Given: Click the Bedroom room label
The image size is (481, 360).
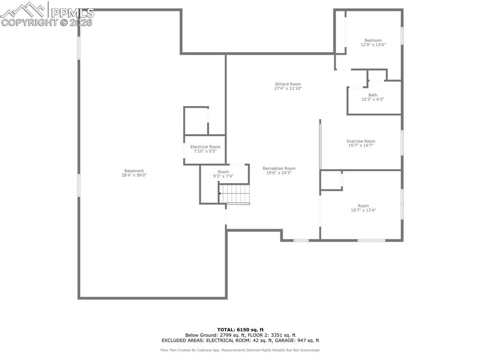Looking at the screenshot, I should pos(373,40).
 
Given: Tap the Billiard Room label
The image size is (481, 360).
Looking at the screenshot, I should pos(288,84).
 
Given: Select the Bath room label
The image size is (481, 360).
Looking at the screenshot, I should pos(372,95).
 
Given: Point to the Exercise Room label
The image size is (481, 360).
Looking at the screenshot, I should pos(361,141).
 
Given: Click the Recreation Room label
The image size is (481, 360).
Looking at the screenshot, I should pos(279,169).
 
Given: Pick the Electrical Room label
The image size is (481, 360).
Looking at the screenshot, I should pos(205,147).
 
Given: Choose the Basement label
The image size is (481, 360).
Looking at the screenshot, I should pos(134,171).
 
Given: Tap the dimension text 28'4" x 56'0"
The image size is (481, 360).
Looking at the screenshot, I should pos(134,176).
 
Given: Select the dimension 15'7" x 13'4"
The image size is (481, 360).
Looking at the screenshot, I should pos(363,210).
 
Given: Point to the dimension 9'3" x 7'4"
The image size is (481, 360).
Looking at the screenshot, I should pos(223,176).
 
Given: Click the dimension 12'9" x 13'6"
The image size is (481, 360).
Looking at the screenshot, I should pos(373,45).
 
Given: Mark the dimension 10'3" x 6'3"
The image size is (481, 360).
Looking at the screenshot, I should pos(372,100).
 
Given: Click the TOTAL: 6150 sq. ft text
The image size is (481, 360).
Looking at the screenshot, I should pos(240,329).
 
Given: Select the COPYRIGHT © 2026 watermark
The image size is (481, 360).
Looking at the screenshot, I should pos(47,22).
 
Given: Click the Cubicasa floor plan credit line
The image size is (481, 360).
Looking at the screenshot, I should pos(240,350).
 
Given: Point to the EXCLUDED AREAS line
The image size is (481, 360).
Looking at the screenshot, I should pos(240,340).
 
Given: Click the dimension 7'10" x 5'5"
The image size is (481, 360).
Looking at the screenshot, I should pos(205,152).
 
